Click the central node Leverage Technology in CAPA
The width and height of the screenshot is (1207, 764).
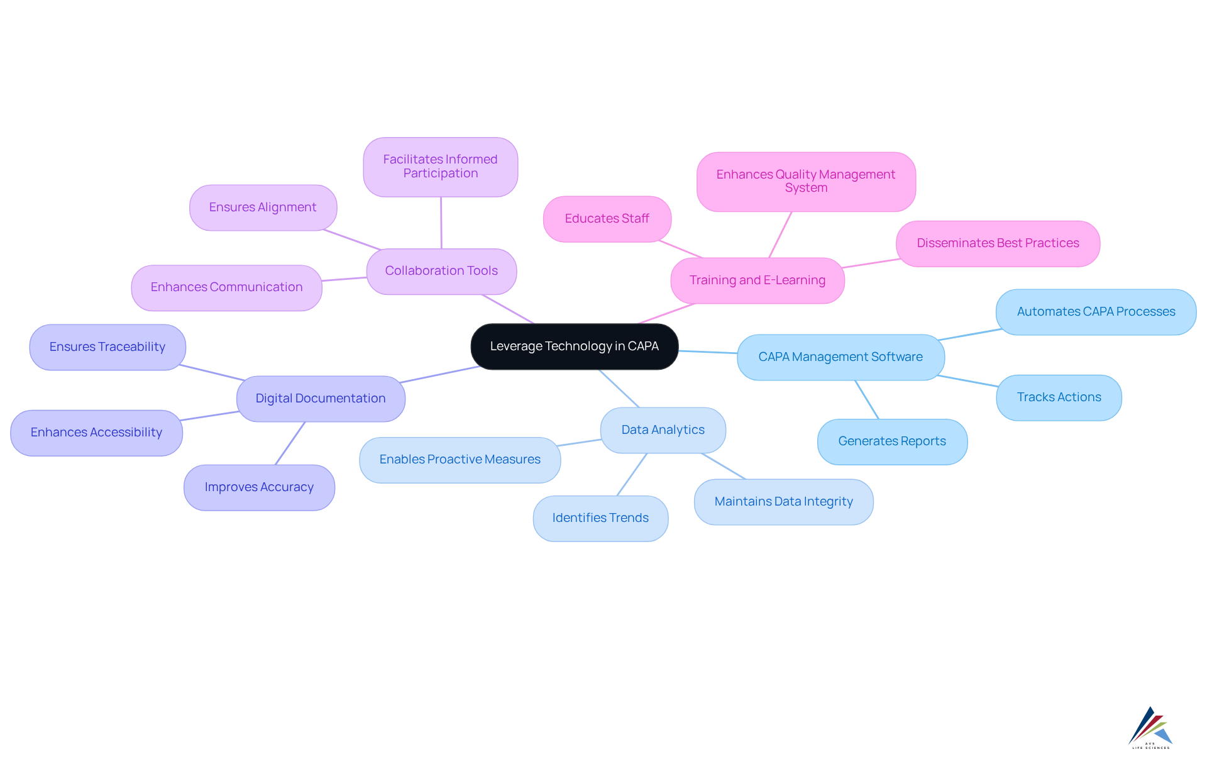tap(574, 346)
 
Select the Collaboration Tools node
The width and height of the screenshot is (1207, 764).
tap(441, 271)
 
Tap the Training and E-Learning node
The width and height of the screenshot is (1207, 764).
tap(757, 280)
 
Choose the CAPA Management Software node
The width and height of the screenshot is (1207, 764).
tap(840, 357)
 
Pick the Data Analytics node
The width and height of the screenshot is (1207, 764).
tap(663, 430)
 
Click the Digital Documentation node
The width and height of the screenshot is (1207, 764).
tap(321, 399)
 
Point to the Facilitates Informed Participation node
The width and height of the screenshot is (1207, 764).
tap(440, 167)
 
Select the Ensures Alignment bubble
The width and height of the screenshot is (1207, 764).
tap(263, 208)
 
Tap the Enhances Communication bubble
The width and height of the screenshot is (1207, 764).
tap(226, 287)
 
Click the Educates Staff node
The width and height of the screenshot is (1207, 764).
tap(607, 219)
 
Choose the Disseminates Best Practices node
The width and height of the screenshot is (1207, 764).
tap(998, 243)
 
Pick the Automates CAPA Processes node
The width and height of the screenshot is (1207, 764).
tap(1096, 312)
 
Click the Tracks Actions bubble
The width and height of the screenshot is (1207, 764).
tap(1059, 397)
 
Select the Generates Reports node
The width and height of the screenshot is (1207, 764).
tap(891, 441)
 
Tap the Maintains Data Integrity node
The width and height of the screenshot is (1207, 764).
tap(783, 502)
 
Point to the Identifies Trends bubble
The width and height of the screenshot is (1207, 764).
tap(600, 518)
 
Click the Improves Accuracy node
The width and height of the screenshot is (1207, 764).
tap(259, 487)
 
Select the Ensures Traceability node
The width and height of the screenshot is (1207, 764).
tap(107, 347)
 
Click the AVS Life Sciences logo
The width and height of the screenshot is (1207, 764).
tap(1150, 728)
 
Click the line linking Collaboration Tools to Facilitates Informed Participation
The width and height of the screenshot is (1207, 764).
tap(441, 223)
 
